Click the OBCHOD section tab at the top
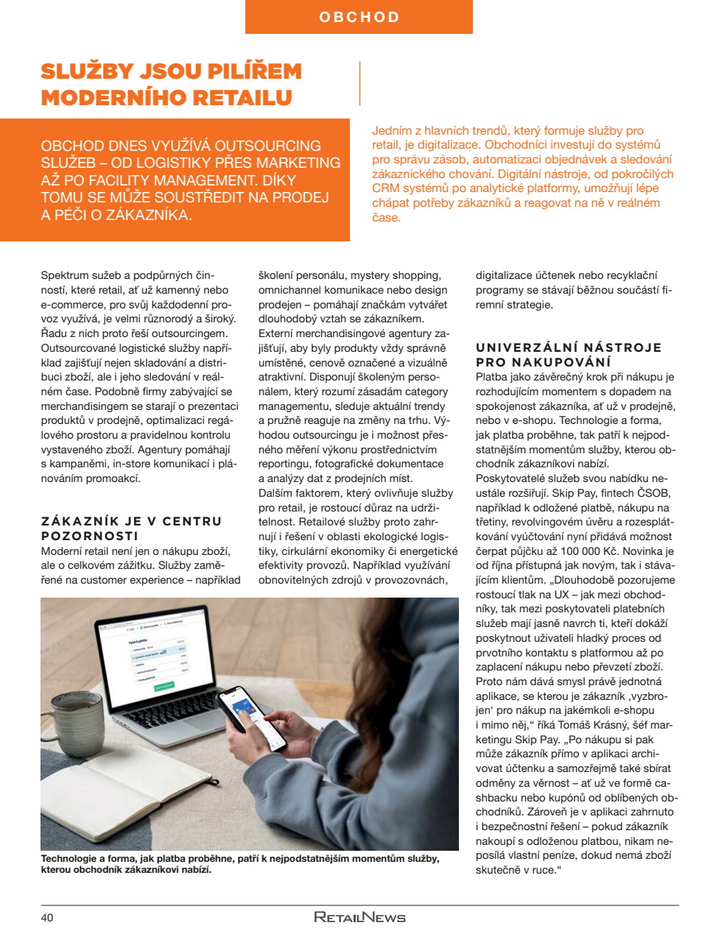point(359,17)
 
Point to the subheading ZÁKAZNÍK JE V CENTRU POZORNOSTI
point(131,528)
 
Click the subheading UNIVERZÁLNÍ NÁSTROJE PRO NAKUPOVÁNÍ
point(568,355)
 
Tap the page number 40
point(47,918)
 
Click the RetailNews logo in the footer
point(359,917)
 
